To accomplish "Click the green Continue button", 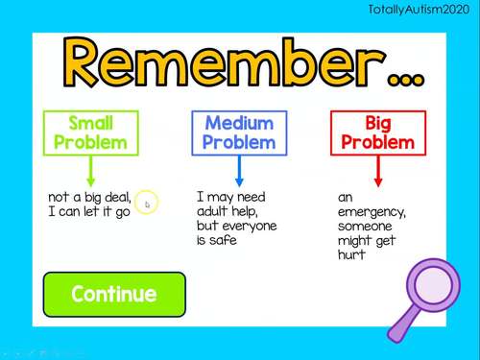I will [x=113, y=294].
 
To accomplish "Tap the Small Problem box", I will [x=90, y=133].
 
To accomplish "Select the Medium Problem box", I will [x=239, y=133].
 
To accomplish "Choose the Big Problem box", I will [x=377, y=133].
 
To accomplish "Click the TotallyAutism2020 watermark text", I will [x=422, y=9].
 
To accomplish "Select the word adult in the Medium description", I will [x=214, y=211].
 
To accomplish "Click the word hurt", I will [x=351, y=255].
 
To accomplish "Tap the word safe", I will [x=223, y=240].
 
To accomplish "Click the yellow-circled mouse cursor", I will [x=147, y=204].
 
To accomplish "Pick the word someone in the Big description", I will [x=366, y=226].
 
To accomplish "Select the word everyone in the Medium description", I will [x=249, y=226].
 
